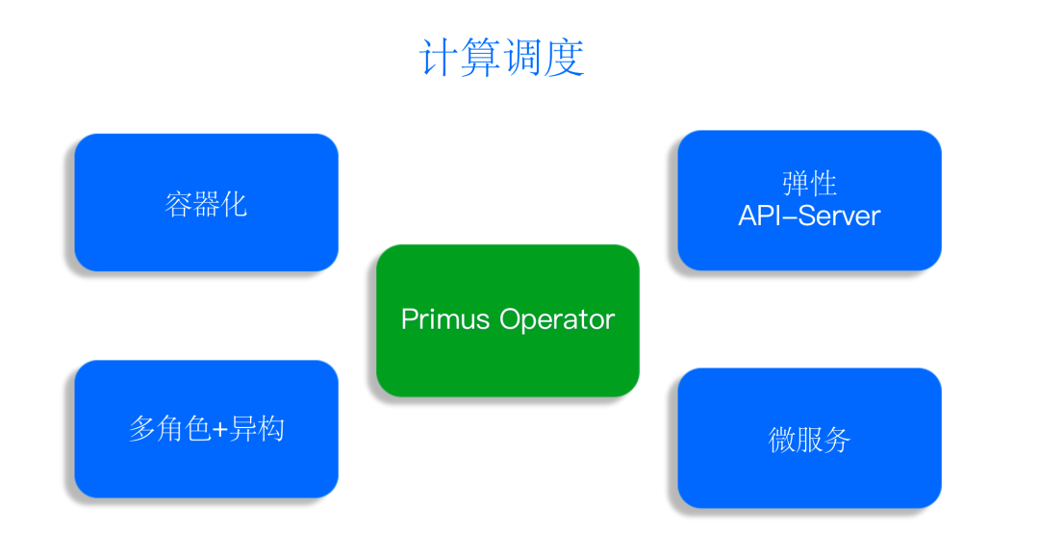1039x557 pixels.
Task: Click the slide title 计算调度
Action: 501,58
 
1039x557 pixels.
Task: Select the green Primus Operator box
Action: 508,320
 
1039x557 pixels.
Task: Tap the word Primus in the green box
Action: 445,320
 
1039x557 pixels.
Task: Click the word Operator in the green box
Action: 557,320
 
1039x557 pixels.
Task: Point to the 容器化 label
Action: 206,204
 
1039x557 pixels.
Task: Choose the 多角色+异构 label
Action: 206,429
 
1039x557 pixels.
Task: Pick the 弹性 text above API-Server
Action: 809,184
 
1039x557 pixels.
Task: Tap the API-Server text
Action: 809,215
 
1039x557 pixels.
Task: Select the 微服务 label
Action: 809,439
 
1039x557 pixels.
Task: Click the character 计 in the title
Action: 439,58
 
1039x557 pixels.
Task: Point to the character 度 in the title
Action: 565,58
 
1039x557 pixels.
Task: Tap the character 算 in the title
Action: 480,58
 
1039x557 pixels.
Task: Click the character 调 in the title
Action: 522,58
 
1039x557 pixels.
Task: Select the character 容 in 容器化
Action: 178,204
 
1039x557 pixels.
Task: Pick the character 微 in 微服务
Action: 782,439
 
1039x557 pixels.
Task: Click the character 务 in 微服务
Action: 837,439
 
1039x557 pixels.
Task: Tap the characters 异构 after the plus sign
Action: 257,429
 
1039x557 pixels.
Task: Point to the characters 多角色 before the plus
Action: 169,429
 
